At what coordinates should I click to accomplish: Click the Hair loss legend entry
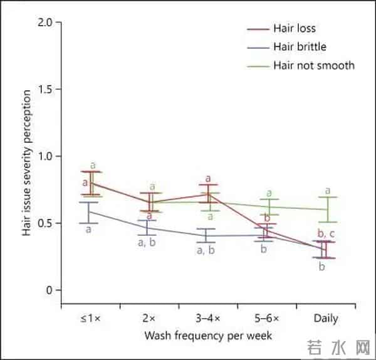pyautogui.click(x=293, y=28)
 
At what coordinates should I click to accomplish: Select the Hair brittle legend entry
pyautogui.click(x=299, y=46)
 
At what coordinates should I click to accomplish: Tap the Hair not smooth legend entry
pyautogui.click(x=313, y=65)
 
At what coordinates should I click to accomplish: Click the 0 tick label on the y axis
pyautogui.click(x=48, y=290)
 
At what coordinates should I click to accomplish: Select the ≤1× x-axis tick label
pyautogui.click(x=89, y=319)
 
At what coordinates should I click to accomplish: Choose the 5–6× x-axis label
pyautogui.click(x=267, y=319)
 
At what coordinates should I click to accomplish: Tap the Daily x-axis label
pyautogui.click(x=326, y=319)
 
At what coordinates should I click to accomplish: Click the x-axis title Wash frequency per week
pyautogui.click(x=208, y=336)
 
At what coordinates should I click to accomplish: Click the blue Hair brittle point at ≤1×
pyautogui.click(x=88, y=212)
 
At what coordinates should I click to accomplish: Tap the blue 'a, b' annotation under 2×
pyautogui.click(x=148, y=243)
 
